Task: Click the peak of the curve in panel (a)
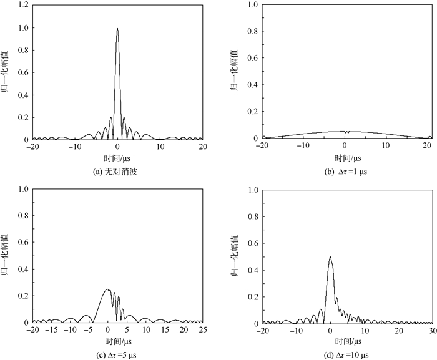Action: [117, 29]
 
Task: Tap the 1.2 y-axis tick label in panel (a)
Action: [22, 5]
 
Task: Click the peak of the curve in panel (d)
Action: [330, 257]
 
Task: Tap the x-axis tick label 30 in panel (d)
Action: [431, 331]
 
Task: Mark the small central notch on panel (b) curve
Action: [345, 132]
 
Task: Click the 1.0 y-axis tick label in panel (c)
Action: [22, 189]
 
